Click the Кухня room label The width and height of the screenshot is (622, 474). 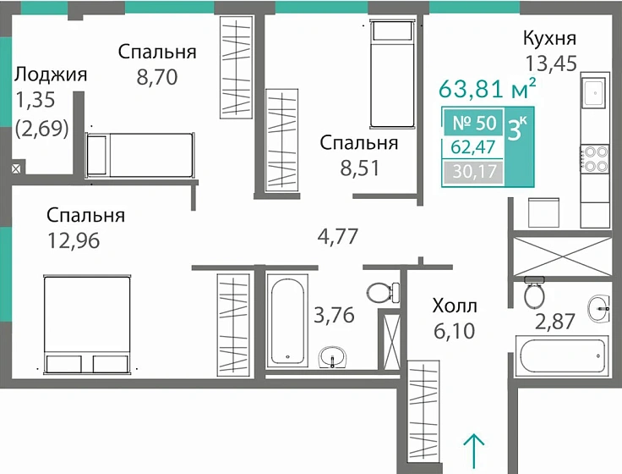[x=549, y=39]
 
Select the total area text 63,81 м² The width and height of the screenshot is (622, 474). [x=488, y=88]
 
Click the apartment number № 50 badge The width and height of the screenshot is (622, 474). [x=473, y=122]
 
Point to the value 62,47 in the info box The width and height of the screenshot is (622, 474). [x=473, y=147]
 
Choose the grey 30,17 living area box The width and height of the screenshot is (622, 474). [x=473, y=174]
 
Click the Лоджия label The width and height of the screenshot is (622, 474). [x=51, y=74]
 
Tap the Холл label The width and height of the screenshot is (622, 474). [x=455, y=305]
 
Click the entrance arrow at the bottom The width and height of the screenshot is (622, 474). [x=475, y=449]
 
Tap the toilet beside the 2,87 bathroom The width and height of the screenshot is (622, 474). [x=533, y=294]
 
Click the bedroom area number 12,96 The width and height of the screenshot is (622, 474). [x=74, y=240]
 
